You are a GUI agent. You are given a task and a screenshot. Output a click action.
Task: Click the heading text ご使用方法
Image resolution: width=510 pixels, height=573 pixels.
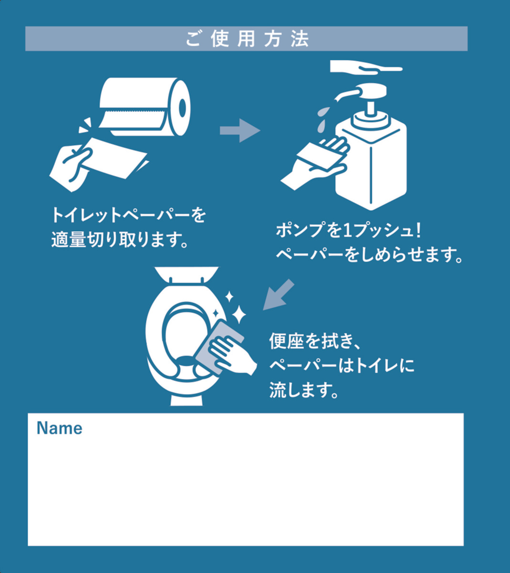(x=247, y=39)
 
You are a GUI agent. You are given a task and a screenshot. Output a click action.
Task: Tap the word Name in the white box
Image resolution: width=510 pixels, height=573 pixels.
(x=59, y=428)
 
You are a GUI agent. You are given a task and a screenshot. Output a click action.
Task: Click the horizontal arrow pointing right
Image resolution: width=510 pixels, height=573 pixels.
(x=240, y=130)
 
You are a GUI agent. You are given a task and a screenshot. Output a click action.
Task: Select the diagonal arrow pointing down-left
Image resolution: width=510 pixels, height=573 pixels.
(x=278, y=295)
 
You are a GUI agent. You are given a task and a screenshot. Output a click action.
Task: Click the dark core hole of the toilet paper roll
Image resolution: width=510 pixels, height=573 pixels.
(x=183, y=108)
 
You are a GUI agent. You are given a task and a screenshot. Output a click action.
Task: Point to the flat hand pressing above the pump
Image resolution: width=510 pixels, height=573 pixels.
(x=366, y=67)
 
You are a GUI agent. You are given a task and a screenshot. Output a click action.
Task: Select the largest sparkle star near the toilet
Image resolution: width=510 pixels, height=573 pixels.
(x=239, y=314)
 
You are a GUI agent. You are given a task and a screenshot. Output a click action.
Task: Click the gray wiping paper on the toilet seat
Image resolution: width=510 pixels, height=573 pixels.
(x=219, y=347)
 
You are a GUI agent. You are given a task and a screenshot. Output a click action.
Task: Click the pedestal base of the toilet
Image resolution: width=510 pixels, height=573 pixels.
(x=187, y=399)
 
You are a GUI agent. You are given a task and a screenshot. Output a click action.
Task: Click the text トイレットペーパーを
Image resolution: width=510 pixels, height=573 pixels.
(x=128, y=215)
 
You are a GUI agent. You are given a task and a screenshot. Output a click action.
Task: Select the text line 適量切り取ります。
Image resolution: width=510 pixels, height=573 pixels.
(x=120, y=240)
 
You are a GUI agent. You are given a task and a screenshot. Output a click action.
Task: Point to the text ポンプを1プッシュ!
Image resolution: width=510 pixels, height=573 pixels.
(x=349, y=230)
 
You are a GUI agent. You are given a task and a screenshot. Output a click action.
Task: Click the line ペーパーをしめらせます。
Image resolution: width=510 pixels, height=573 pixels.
(x=369, y=254)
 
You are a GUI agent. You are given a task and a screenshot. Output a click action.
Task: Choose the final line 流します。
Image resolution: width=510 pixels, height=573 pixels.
(x=304, y=390)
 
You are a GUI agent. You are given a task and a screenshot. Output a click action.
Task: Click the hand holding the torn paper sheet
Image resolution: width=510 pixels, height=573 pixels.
(x=71, y=167)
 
